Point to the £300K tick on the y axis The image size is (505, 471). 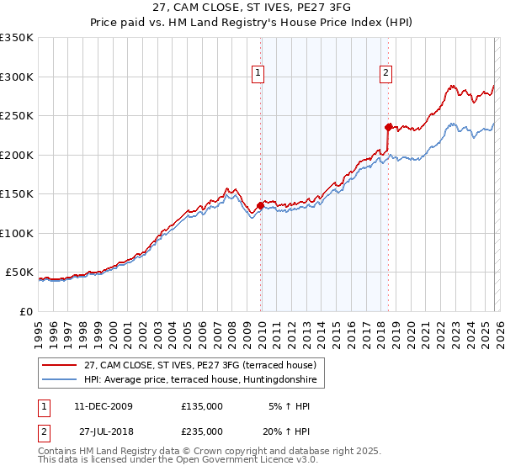[17, 77]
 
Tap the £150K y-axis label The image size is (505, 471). [17, 193]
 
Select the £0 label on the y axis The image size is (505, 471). [25, 311]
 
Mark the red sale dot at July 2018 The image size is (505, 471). [388, 128]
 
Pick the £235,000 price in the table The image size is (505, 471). [202, 431]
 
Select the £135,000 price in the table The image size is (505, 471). [202, 406]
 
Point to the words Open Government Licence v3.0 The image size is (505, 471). [252, 460]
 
